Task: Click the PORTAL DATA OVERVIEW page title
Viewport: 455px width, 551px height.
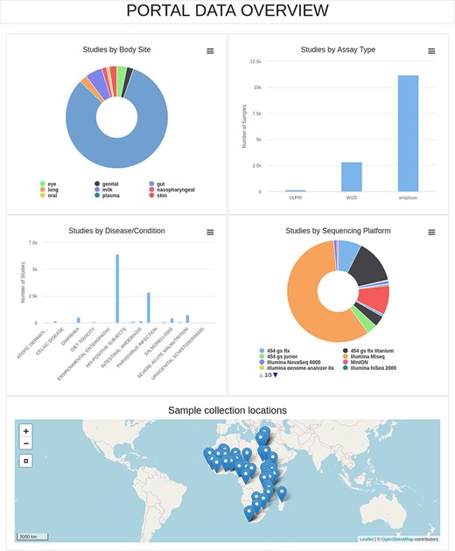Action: point(227,10)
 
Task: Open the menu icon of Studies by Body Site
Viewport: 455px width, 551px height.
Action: point(210,51)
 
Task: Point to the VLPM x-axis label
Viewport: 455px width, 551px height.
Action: point(296,199)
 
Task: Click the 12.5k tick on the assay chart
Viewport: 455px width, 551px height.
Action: point(255,62)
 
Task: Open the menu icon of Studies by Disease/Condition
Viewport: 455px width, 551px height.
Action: point(210,232)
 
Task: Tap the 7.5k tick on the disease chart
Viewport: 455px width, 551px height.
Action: point(32,242)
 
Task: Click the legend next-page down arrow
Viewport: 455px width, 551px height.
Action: point(275,375)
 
